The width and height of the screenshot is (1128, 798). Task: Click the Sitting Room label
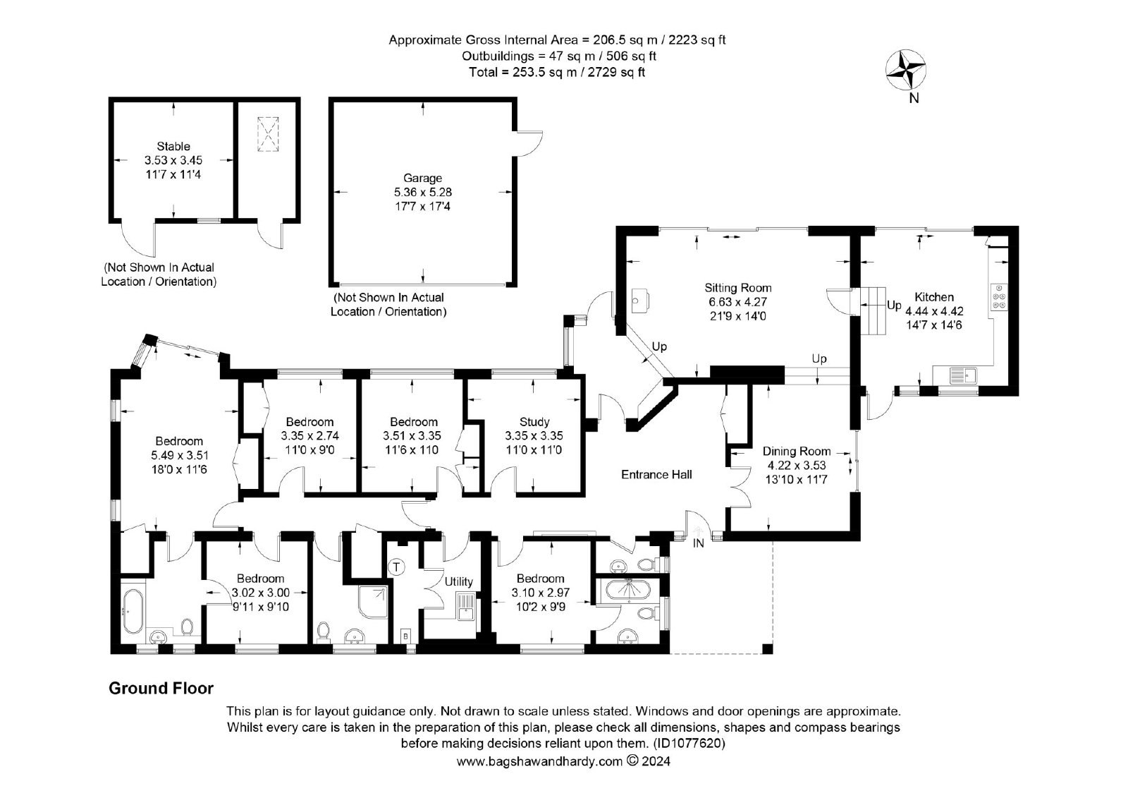tap(737, 288)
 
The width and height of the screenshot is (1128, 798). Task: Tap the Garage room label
tap(422, 178)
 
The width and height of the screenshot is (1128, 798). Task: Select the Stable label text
tap(173, 146)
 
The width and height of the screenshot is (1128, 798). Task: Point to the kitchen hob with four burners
tap(1000, 296)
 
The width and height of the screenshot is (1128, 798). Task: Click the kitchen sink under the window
tap(963, 375)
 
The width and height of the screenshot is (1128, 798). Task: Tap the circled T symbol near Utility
tap(396, 567)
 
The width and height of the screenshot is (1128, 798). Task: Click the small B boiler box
tap(405, 636)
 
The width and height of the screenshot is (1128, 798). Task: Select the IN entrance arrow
tap(698, 532)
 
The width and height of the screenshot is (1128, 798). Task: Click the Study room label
tap(534, 421)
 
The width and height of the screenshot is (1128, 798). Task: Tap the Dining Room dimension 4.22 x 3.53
tap(796, 465)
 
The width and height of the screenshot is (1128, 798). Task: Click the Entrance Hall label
tap(656, 474)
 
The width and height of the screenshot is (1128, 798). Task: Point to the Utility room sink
tap(466, 607)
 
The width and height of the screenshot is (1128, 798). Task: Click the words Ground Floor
tap(161, 689)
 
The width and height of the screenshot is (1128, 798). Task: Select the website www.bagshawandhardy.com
tap(539, 761)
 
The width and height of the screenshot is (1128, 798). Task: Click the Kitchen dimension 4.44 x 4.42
tap(934, 312)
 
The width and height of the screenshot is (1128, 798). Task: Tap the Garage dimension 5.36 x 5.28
tap(422, 192)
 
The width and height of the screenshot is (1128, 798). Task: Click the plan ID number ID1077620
tap(689, 744)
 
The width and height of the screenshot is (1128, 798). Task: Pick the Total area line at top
tap(557, 72)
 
